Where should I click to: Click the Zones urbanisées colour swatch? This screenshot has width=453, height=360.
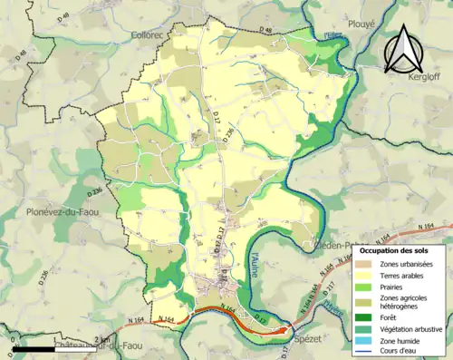366,264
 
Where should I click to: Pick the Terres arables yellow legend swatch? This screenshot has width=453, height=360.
366,276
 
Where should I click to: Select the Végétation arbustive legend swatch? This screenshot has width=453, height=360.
366,330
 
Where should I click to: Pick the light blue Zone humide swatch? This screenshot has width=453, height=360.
366,342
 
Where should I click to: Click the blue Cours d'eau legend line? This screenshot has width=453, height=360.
366,353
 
